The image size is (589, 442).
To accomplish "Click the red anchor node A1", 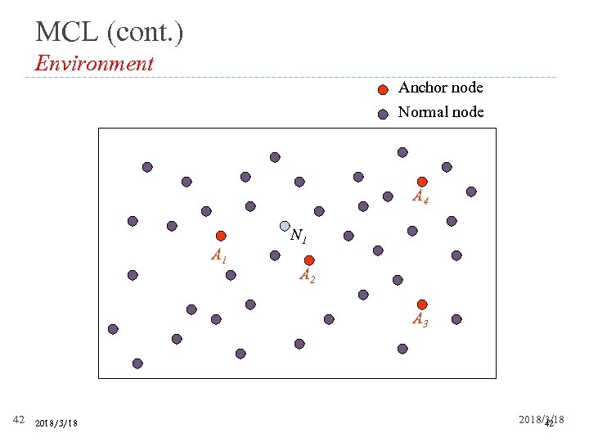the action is click(x=221, y=236).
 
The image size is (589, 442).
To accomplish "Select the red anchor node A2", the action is click(x=309, y=260).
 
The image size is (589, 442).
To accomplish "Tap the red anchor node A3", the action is click(x=422, y=304).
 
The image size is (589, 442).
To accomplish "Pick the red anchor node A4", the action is click(x=422, y=182).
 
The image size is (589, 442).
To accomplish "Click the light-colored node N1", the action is click(x=285, y=226).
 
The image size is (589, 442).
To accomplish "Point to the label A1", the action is click(x=218, y=256).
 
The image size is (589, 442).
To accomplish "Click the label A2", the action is click(x=307, y=276).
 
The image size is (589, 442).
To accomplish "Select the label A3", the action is click(x=420, y=320).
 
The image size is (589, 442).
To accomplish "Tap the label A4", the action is click(x=420, y=197).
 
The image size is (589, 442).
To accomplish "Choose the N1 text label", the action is click(x=299, y=237).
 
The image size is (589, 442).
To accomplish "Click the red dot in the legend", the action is click(x=383, y=91).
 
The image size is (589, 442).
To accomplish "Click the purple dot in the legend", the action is click(x=383, y=115).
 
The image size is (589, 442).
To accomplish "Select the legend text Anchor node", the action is click(x=440, y=88).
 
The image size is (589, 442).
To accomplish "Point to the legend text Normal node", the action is click(x=440, y=112).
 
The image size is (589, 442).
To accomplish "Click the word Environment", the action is click(x=94, y=63).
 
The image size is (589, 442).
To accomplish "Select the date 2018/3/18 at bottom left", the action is click(x=56, y=423).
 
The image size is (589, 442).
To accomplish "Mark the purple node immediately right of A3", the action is click(x=456, y=319).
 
